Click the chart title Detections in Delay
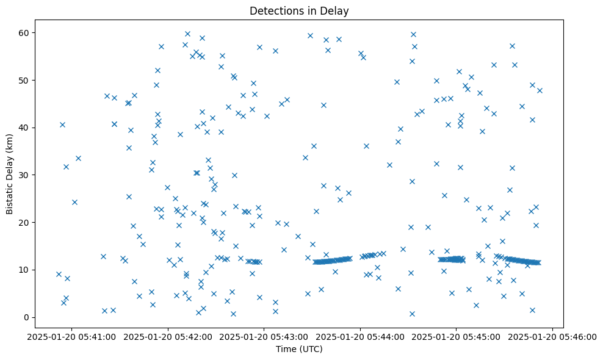(299, 10)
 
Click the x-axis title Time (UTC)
(299, 350)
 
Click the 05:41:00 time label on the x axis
(71, 336)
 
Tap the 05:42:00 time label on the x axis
(168, 336)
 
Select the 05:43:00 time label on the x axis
(264, 336)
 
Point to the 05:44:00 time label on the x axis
(360, 336)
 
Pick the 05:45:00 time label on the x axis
(457, 336)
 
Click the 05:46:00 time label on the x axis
(553, 336)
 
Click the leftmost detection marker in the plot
(59, 274)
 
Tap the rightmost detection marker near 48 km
(540, 90)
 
